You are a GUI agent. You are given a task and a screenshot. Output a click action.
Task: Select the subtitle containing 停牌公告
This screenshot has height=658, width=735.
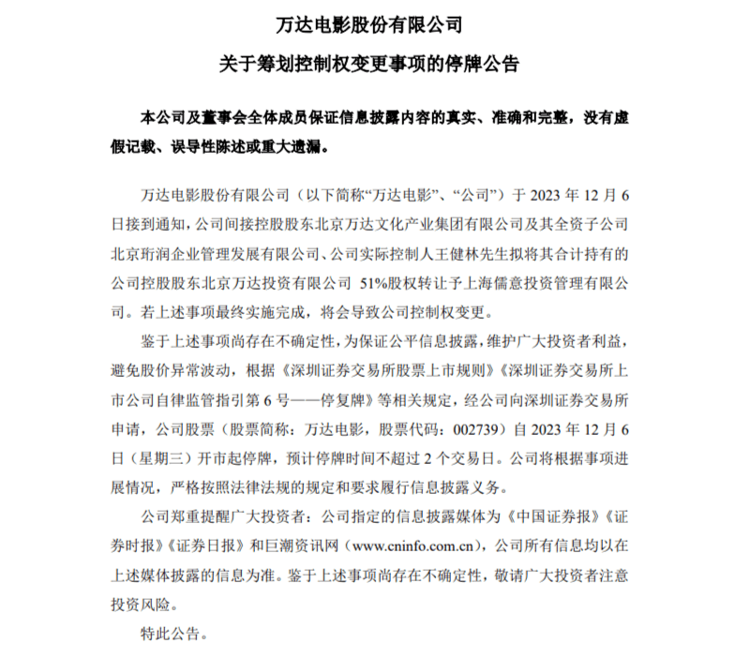[367, 66]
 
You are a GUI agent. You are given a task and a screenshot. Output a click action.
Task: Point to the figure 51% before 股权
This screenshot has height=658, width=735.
[376, 282]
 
